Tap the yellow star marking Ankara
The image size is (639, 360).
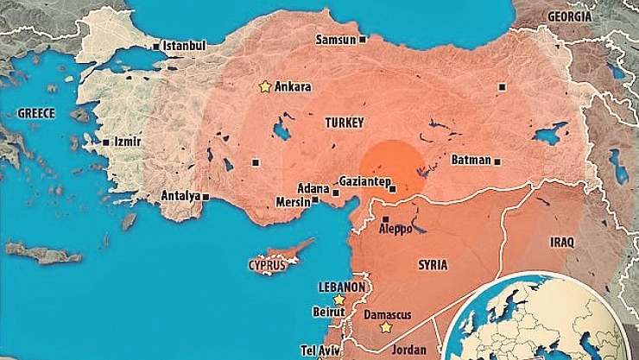pos(264,86)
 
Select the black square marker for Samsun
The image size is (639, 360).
pos(363,39)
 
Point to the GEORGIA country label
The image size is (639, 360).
pos(570,16)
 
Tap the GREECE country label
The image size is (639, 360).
pos(36,113)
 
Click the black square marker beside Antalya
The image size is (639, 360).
pos(206,196)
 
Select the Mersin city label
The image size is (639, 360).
pos(291,201)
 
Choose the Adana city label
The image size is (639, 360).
pos(313,188)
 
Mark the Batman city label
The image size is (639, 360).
pos(471,161)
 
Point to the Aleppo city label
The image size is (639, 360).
pos(396,231)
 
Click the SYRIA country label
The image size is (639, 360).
pos(432,264)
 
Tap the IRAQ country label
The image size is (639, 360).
pos(560,243)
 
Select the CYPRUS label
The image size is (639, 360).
pos(267,264)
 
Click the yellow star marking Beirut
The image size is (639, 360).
pos(339,300)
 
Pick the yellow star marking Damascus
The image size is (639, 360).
pos(386,327)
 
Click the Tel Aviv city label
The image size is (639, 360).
pos(319,350)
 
